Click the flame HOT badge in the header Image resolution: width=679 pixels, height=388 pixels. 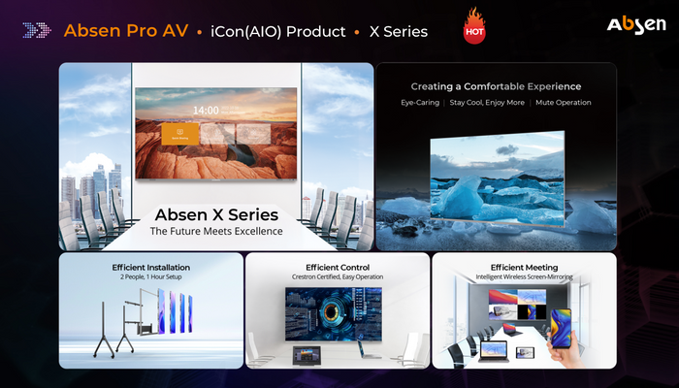[474, 27]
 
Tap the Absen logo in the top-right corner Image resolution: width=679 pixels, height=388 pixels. [636, 25]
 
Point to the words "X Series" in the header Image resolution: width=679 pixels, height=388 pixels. [398, 31]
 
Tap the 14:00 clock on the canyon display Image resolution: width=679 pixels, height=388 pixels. [206, 111]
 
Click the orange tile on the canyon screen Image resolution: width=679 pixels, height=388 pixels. [180, 135]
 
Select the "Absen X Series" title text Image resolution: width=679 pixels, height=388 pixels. [215, 214]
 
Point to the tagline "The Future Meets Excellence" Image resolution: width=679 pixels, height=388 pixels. [215, 232]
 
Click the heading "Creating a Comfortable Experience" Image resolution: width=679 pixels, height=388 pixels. [496, 86]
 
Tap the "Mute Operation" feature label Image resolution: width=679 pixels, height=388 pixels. [565, 103]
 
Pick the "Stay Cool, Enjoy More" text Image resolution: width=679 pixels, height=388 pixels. [488, 103]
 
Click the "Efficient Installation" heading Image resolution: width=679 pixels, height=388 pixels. [150, 267]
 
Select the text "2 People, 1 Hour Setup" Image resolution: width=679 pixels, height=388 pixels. [150, 277]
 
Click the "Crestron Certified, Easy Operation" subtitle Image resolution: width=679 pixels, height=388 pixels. [338, 277]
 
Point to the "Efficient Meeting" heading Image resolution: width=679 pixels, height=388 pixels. [524, 267]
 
